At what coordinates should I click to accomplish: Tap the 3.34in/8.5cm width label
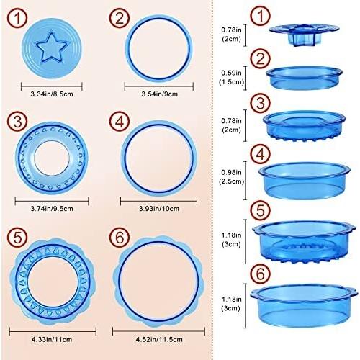point(52,94)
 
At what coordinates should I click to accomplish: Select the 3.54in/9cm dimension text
point(159,94)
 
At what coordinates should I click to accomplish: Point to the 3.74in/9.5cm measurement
point(52,209)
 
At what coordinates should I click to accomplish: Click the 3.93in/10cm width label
point(159,209)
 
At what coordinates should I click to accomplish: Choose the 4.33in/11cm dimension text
point(52,340)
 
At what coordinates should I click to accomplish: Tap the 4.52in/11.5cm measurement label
point(159,340)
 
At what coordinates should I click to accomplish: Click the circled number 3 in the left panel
point(17,122)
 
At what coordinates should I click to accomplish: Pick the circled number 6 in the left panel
point(120,237)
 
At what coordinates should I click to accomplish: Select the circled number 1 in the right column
point(261,16)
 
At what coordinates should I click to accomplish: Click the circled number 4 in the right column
point(261,154)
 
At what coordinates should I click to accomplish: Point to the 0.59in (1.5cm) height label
point(231,77)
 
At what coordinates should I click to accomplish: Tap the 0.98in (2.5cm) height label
point(231,176)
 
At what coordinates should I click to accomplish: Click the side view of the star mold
point(304,34)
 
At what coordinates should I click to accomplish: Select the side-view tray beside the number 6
point(304,305)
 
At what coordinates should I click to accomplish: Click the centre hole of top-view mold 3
point(52,158)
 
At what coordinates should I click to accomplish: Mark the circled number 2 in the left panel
point(120,19)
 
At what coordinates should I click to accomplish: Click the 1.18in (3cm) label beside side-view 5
point(231,240)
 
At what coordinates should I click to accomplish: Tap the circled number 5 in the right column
point(261,210)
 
